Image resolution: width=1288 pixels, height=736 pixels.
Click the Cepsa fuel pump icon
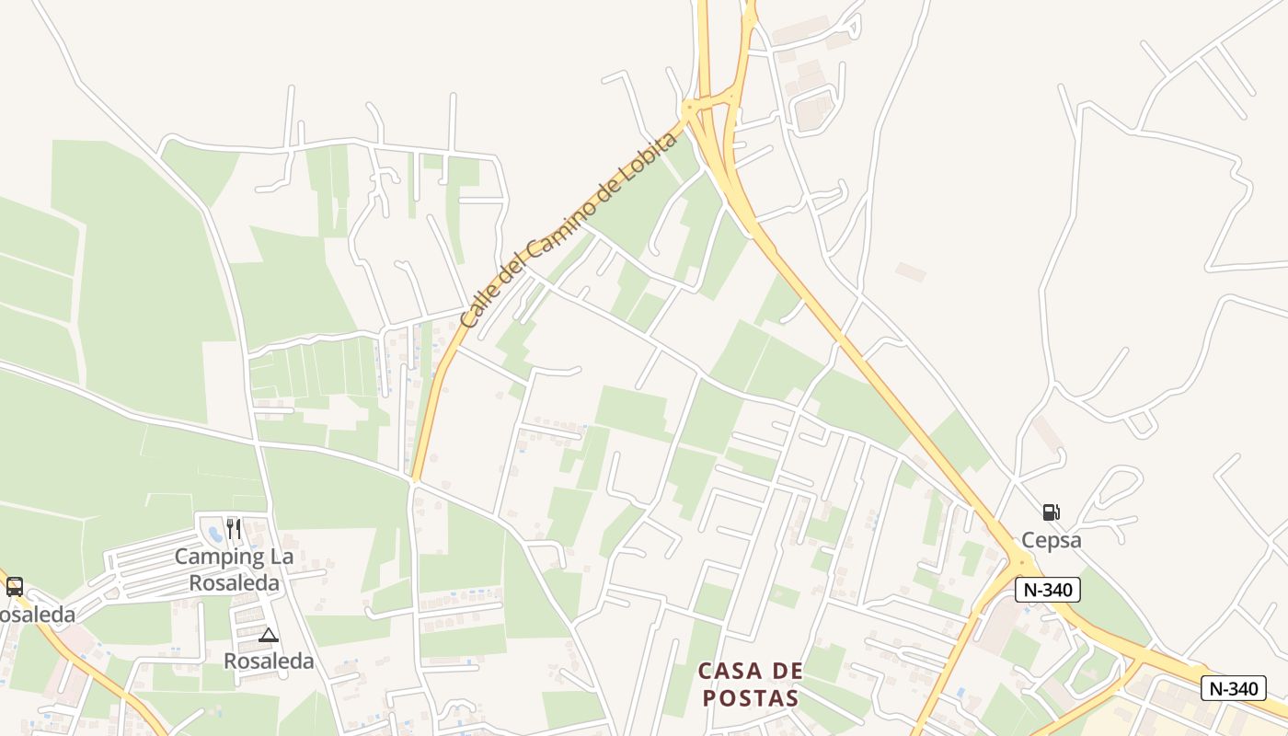[1051, 512]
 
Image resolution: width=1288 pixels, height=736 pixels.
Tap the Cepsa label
[1052, 540]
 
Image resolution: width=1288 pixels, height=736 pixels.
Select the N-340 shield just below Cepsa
[1047, 590]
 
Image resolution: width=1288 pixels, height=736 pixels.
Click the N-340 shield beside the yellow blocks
[1233, 687]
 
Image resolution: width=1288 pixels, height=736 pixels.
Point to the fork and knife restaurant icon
[233, 528]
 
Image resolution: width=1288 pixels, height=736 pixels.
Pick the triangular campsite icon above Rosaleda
[268, 635]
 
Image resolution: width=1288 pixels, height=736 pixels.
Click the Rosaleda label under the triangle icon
[269, 661]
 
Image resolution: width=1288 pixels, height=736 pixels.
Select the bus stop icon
[15, 587]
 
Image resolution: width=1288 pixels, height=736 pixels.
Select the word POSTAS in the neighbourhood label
[751, 697]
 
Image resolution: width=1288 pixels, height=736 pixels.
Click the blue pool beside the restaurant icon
[214, 532]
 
